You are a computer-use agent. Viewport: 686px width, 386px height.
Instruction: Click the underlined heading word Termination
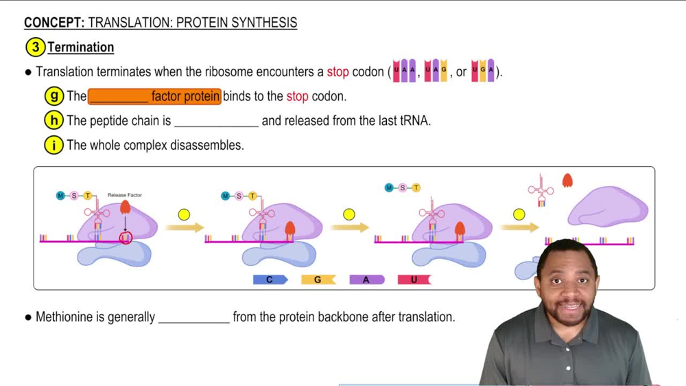[x=81, y=47]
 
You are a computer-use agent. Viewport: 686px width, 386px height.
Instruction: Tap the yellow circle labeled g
[x=54, y=96]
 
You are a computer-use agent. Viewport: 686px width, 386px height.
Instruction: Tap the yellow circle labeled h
[x=54, y=121]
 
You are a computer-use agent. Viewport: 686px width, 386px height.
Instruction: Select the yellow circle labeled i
[x=54, y=145]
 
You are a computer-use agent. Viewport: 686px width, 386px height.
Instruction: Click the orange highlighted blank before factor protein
[x=119, y=96]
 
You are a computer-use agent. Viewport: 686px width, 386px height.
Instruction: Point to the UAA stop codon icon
[x=404, y=71]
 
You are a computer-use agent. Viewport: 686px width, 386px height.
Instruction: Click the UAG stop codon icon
[x=436, y=71]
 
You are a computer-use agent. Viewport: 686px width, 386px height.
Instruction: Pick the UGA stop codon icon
[x=482, y=71]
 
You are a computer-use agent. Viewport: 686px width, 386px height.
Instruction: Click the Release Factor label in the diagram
[x=125, y=196]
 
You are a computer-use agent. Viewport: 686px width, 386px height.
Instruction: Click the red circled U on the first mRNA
[x=126, y=238]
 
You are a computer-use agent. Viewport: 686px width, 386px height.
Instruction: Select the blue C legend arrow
[x=270, y=280]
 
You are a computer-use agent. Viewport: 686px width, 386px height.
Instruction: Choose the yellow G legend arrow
[x=318, y=280]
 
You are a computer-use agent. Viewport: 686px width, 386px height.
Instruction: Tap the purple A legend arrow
[x=366, y=280]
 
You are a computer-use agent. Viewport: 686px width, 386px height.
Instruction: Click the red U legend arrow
[x=414, y=280]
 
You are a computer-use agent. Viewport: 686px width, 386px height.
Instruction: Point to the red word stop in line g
[x=297, y=96]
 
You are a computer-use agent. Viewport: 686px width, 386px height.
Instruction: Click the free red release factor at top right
[x=567, y=181]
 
